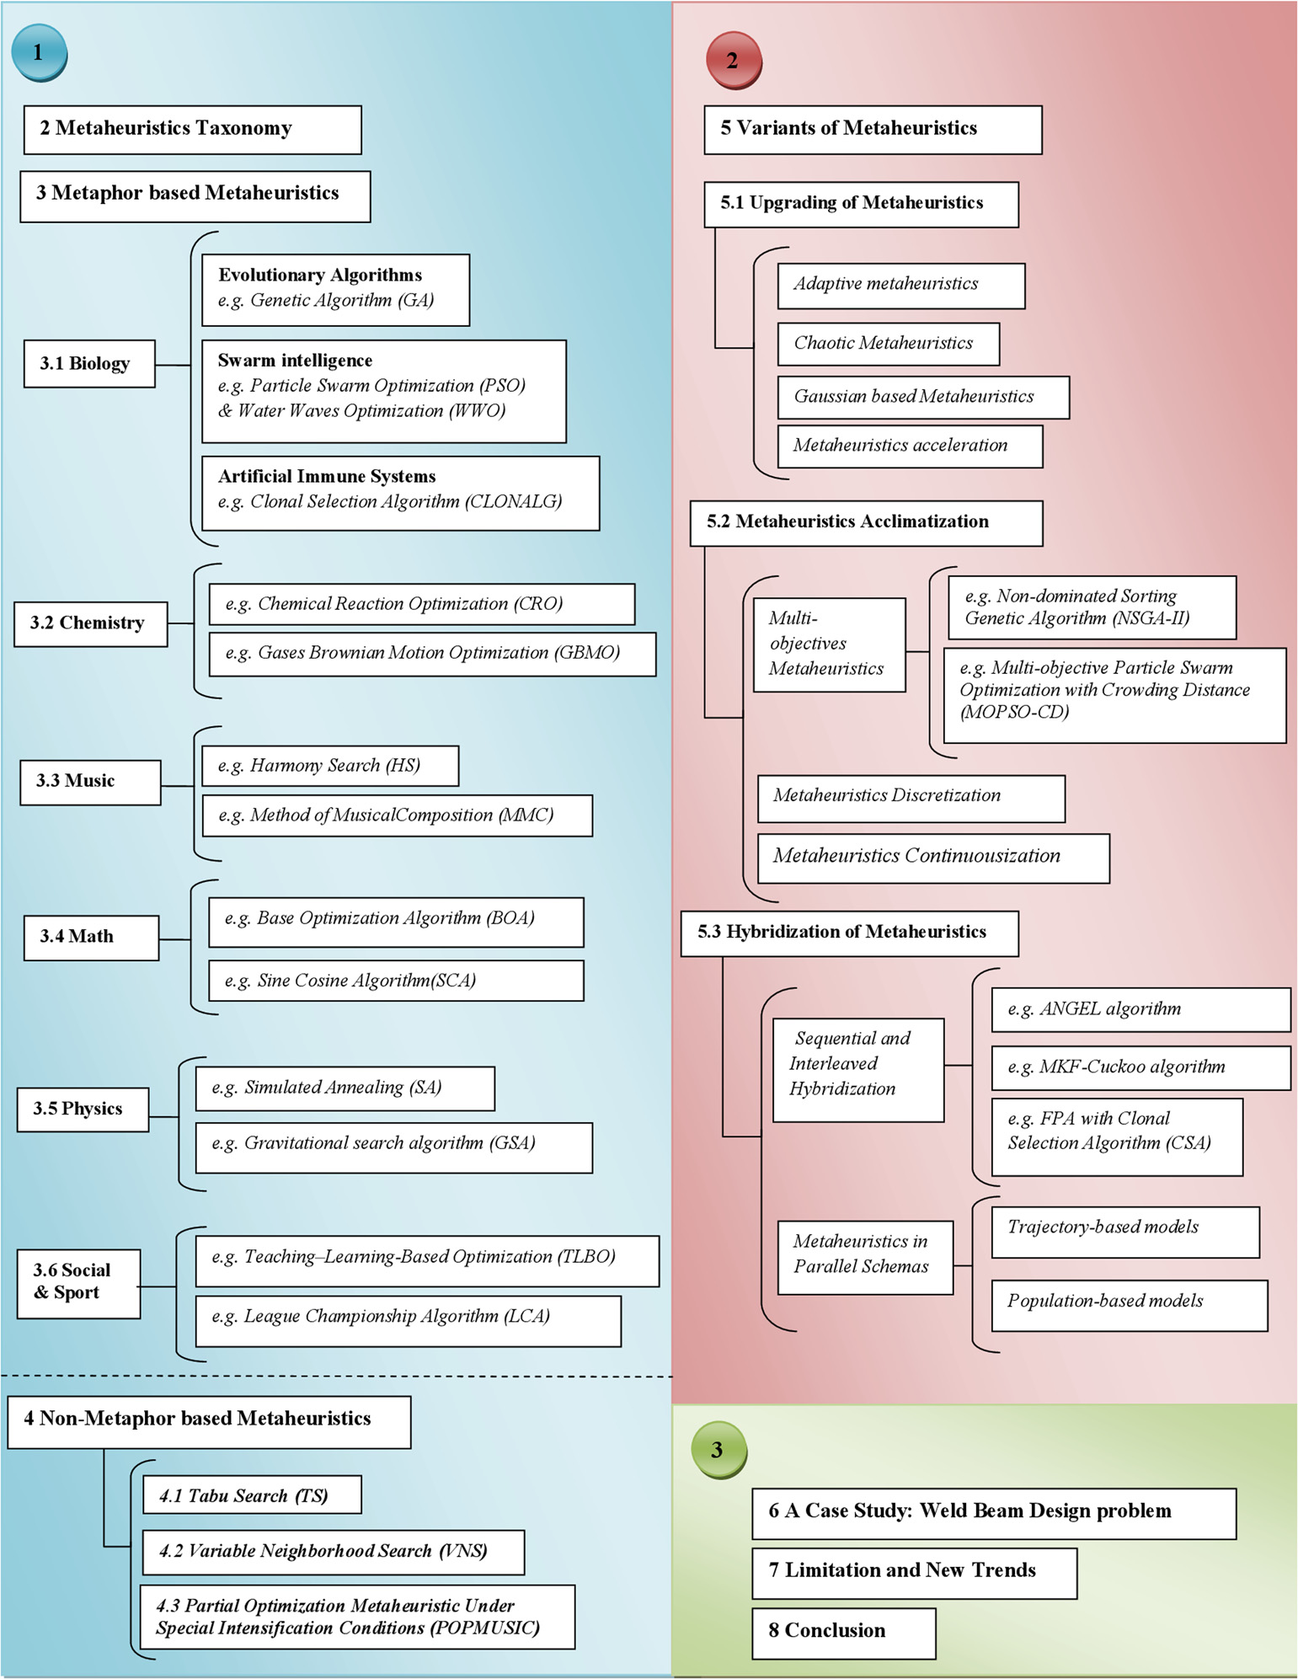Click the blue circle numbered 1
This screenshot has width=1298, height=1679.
coord(39,52)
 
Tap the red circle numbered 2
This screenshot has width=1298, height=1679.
coord(734,60)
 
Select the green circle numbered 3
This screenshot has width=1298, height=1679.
coord(718,1449)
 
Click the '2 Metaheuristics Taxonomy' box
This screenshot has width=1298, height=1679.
coord(192,130)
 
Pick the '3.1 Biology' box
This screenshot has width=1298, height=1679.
coord(89,364)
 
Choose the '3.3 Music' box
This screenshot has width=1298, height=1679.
coord(90,783)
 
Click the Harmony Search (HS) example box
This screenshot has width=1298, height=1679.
coord(330,766)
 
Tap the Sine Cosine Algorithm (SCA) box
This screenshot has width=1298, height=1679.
coord(396,981)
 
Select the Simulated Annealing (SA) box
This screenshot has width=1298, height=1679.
coord(345,1088)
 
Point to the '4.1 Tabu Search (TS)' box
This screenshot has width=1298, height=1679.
coord(252,1495)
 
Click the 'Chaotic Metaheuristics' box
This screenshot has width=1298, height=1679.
coord(889,344)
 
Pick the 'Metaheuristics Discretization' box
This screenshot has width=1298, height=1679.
coord(911,799)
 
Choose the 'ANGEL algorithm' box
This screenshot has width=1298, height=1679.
coord(1141,1009)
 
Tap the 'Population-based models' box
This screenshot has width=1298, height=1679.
coord(1130,1306)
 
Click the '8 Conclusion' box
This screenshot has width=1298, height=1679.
coord(844,1634)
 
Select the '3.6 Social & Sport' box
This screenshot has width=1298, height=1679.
coord(78,1283)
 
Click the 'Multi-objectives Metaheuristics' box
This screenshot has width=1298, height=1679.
coord(830,644)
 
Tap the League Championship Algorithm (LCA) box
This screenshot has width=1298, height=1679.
coord(409,1321)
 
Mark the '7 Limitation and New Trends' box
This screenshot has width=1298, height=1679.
coord(914,1573)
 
